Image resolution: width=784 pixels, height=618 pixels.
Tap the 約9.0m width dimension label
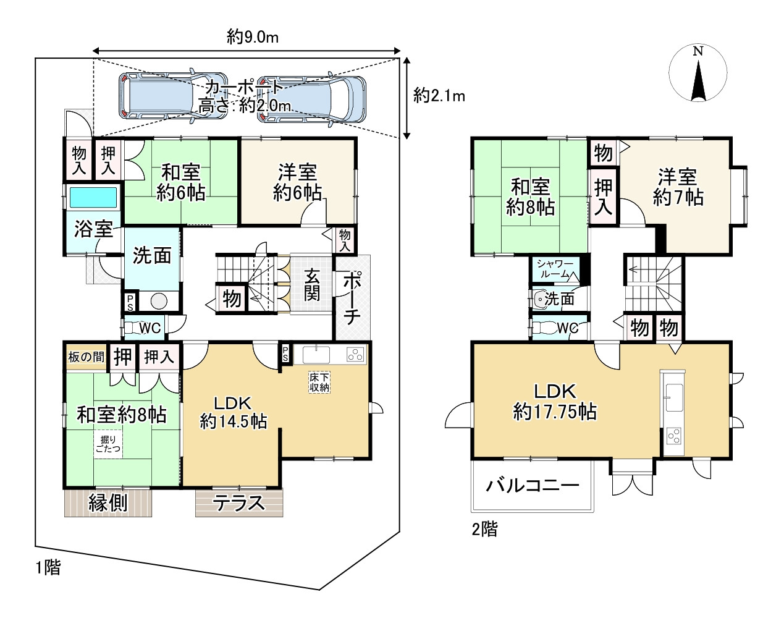pos(253,37)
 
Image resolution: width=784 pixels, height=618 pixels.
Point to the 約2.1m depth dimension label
pos(439,96)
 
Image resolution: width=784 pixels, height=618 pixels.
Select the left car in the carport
pos(173,96)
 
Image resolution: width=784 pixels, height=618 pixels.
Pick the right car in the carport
pos(312,98)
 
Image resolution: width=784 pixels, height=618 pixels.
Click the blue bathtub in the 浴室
pos(93,198)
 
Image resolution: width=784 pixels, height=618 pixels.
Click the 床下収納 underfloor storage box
pos(319,383)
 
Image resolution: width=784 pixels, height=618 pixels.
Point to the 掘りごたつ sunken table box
pos(108,444)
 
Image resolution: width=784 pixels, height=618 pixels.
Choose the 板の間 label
pos(86,357)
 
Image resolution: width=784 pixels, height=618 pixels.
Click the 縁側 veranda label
pos(108,503)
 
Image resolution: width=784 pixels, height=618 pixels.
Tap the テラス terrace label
pos(238,503)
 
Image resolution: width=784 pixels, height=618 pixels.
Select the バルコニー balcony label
pos(533,486)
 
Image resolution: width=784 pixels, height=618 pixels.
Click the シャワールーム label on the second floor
pos(554,269)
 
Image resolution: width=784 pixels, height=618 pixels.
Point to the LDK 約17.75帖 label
pos(555,402)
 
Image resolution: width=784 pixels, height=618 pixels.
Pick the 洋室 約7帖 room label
pos(678,187)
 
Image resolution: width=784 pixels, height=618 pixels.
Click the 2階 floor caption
pos(484,529)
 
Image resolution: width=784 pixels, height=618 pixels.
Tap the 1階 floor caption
pos(48,568)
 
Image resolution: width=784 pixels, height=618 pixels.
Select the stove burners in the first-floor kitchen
pos(356,354)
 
